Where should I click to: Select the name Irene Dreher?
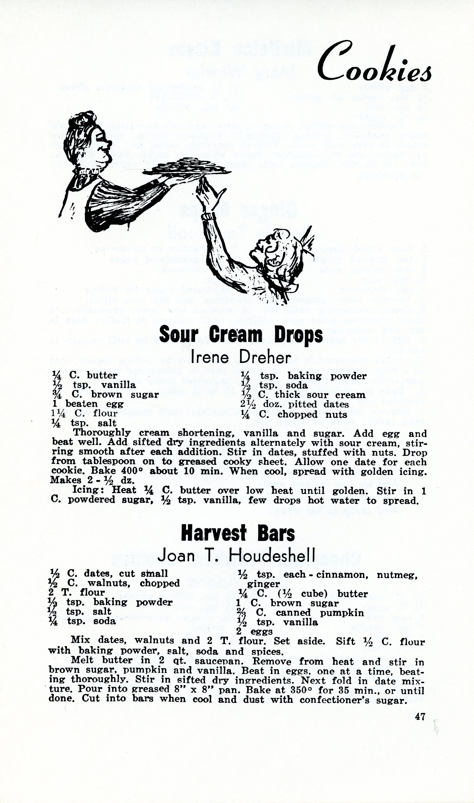click(x=241, y=358)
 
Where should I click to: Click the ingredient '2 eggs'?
click(x=254, y=632)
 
